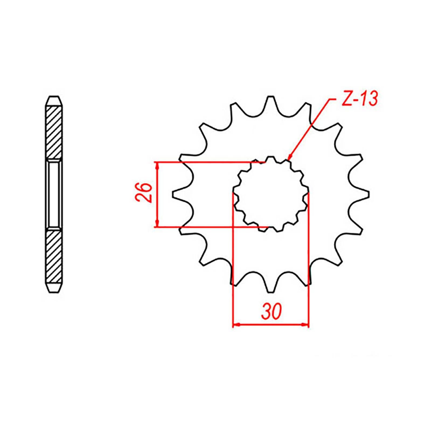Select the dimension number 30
pos(271,312)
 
